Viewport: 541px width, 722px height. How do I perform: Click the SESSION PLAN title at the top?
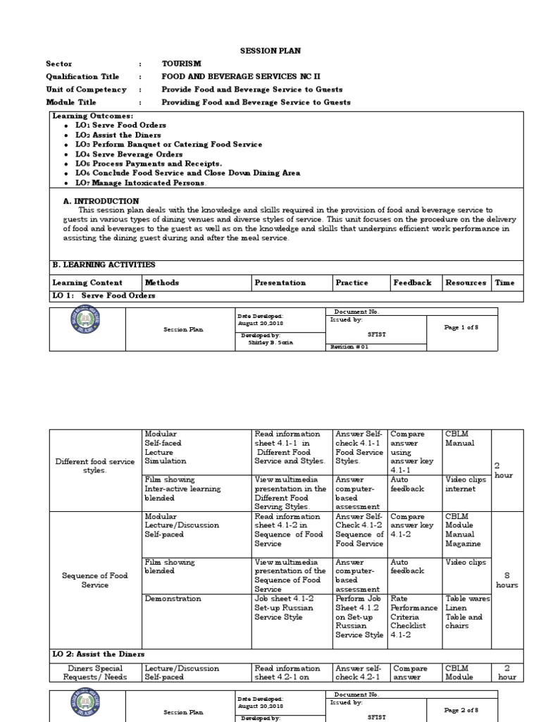pyautogui.click(x=270, y=51)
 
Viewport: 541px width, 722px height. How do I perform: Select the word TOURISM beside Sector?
pyautogui.click(x=181, y=63)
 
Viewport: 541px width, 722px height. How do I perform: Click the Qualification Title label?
pyautogui.click(x=82, y=76)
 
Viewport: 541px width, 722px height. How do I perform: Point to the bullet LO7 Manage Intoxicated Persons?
pyautogui.click(x=141, y=183)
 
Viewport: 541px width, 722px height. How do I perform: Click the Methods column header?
pyautogui.click(x=162, y=283)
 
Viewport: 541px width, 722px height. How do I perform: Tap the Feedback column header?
pyautogui.click(x=412, y=283)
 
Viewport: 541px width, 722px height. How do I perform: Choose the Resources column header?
pyautogui.click(x=466, y=283)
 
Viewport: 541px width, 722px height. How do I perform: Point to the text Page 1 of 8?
pyautogui.click(x=462, y=329)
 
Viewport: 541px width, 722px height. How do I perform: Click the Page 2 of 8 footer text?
pyautogui.click(x=462, y=711)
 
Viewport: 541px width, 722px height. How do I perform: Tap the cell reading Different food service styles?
pyautogui.click(x=94, y=466)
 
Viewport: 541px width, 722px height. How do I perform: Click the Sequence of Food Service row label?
pyautogui.click(x=94, y=580)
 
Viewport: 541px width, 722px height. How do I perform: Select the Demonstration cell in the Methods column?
pyautogui.click(x=173, y=599)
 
